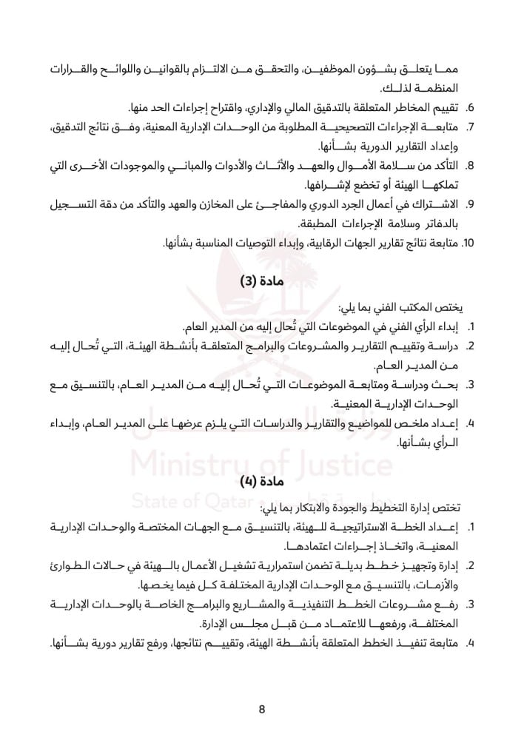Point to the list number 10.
point(467,242)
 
